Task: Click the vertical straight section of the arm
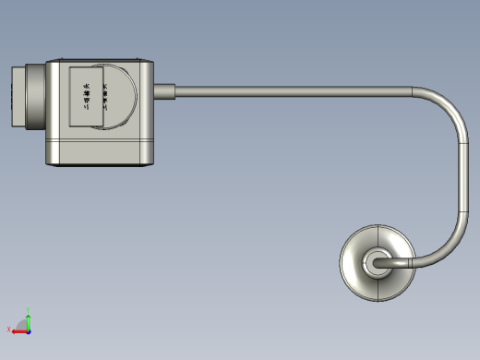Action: point(462,175)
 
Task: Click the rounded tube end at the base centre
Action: point(375,263)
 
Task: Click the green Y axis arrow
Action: point(29,321)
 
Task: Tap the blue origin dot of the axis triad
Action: point(29,330)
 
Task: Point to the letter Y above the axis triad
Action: point(30,313)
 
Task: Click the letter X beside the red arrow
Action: point(10,330)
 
